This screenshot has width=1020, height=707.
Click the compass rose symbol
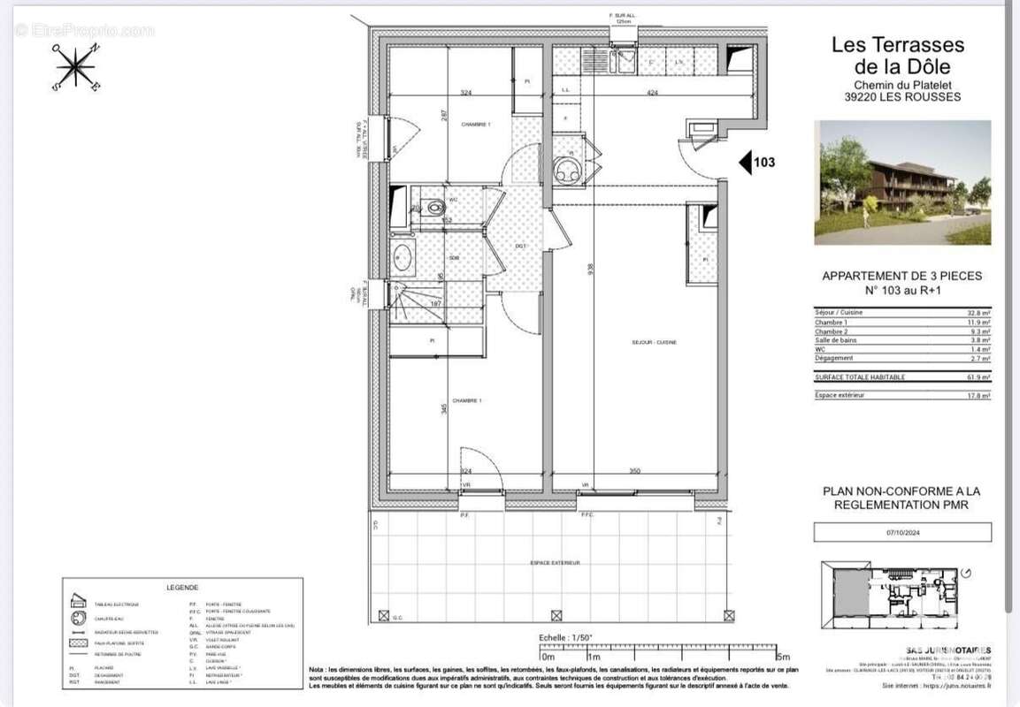[x=77, y=67]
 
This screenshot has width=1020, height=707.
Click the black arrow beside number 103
[x=745, y=162]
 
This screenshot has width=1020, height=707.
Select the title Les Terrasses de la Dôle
[x=897, y=55]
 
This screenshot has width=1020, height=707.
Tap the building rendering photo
[x=902, y=183]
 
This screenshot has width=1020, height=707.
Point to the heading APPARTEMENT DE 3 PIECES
[x=901, y=276]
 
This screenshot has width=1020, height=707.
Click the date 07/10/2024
[x=902, y=533]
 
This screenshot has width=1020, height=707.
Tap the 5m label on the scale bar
[x=782, y=657]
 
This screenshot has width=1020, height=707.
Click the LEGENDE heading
[x=182, y=588]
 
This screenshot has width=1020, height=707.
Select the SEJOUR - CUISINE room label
[x=654, y=342]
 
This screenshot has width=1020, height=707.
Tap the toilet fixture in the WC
[x=433, y=209]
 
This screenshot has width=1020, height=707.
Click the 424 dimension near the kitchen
[x=652, y=92]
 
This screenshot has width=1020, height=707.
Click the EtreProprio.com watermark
[x=84, y=30]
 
